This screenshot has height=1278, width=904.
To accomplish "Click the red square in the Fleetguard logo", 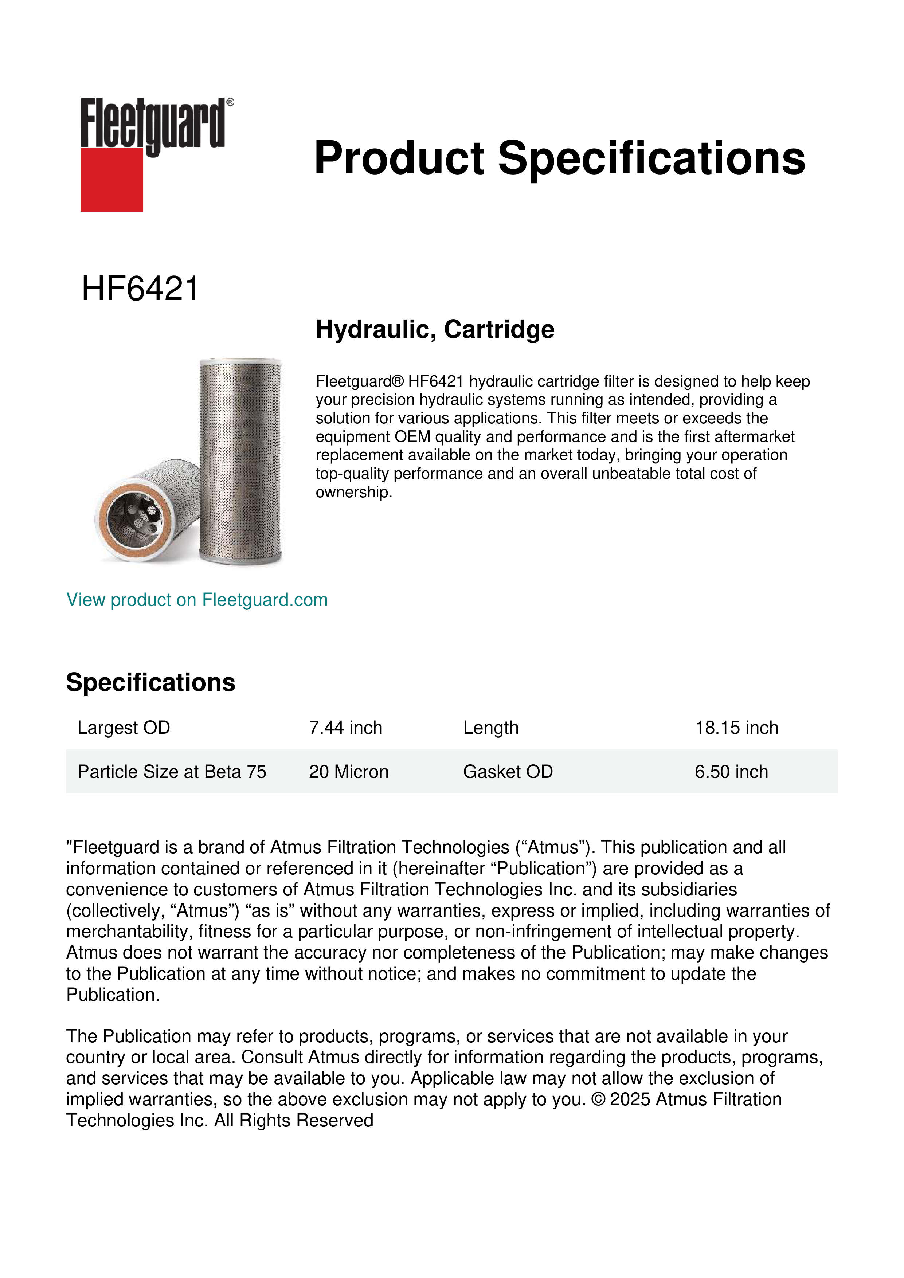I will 111,179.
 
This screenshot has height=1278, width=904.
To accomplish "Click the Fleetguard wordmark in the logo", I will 152,124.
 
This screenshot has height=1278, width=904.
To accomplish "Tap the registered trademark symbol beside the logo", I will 230,102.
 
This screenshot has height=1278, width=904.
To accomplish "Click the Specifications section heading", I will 150,682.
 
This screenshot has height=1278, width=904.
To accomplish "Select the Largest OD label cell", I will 124,728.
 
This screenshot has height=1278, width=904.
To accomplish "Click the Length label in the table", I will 490,728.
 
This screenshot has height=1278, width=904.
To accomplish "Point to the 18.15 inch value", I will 736,728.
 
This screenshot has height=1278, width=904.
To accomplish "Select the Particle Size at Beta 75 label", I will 172,772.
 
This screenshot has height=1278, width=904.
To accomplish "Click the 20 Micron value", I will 348,772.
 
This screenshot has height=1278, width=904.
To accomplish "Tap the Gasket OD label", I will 508,772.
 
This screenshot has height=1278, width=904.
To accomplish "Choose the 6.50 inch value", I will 731,772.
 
